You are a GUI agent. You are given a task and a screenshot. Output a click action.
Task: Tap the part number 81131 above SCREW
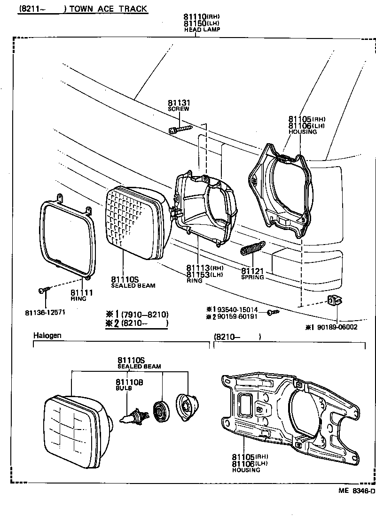(x=179, y=103)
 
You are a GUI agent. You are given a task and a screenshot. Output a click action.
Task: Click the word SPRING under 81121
(x=252, y=277)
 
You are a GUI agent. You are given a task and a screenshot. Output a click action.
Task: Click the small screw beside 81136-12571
(x=43, y=291)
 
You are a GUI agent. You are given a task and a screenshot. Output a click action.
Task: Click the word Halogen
(x=47, y=336)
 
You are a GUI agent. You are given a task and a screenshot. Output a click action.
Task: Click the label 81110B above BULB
(x=129, y=383)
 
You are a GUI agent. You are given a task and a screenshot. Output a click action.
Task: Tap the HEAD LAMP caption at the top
(x=202, y=29)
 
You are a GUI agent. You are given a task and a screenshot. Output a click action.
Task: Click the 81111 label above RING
(x=82, y=292)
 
